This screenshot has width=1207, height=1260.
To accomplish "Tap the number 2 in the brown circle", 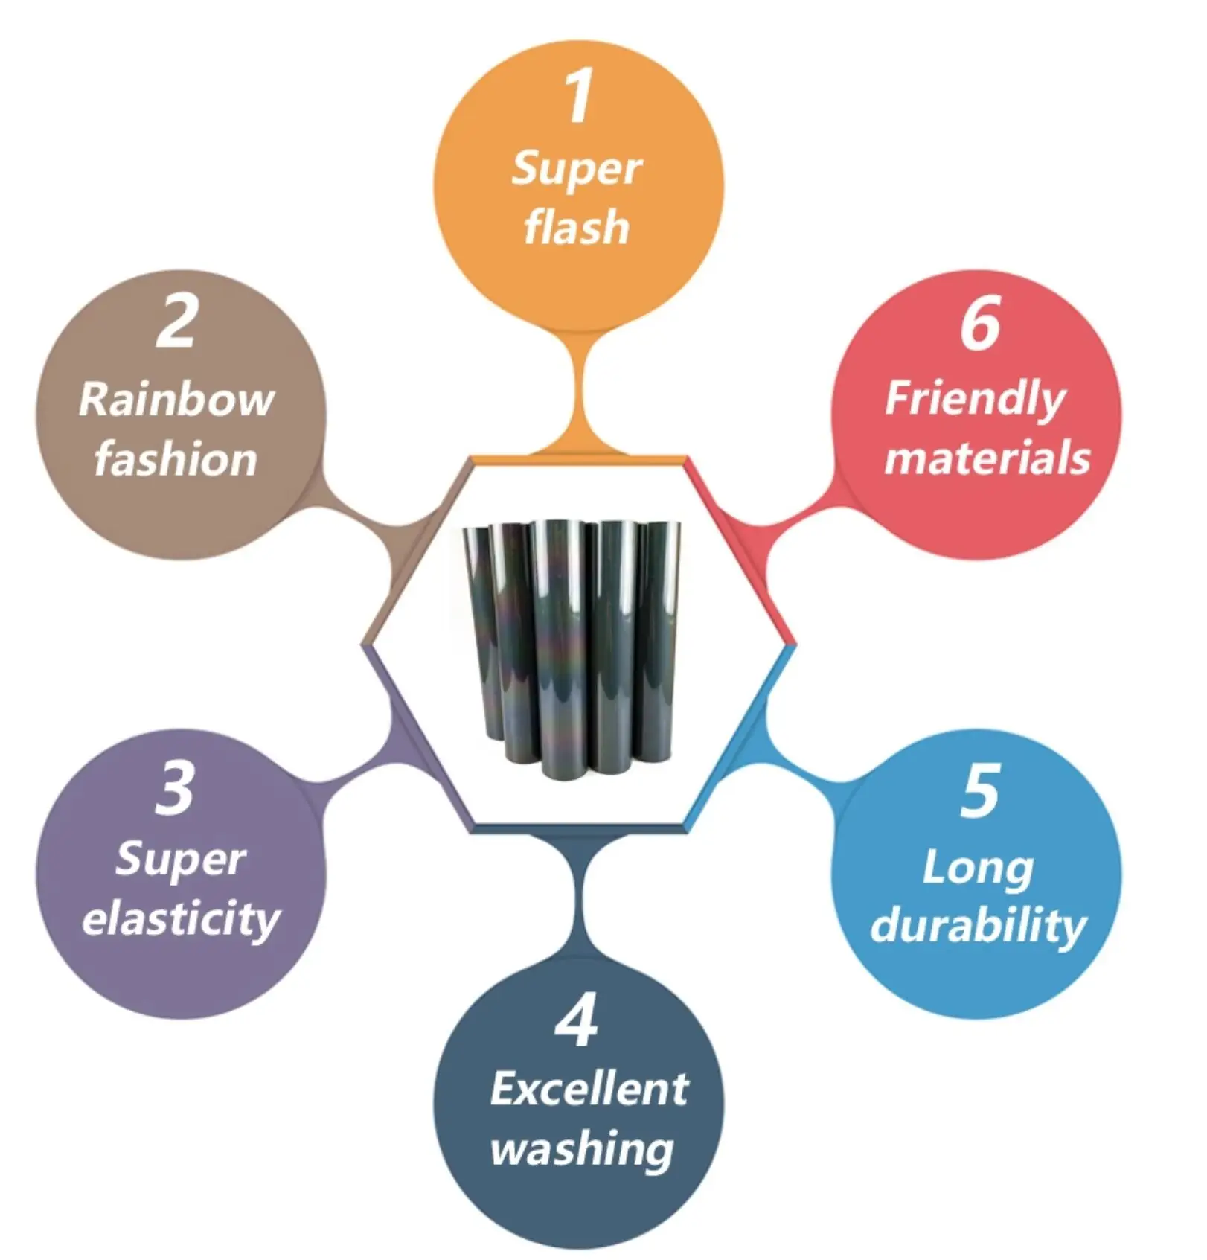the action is (x=176, y=321).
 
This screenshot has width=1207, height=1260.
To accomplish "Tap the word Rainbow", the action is (x=176, y=400).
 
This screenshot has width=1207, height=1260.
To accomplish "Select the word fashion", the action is (x=176, y=459).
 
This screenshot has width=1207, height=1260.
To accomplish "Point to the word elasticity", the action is (x=181, y=920).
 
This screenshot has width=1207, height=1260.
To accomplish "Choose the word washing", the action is (x=582, y=1150).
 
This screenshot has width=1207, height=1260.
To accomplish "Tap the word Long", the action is (x=978, y=869).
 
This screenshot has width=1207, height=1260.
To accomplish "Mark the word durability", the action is (x=978, y=927).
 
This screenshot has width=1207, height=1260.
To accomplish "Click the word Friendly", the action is (x=976, y=400).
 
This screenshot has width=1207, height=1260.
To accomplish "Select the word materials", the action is (x=987, y=458).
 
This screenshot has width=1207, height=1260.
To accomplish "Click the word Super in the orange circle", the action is (x=577, y=169).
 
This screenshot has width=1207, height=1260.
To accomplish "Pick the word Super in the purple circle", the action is (x=181, y=860).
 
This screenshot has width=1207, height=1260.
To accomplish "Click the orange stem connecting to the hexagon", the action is (x=578, y=394).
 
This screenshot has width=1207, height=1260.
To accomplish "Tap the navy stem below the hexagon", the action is (x=578, y=897).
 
